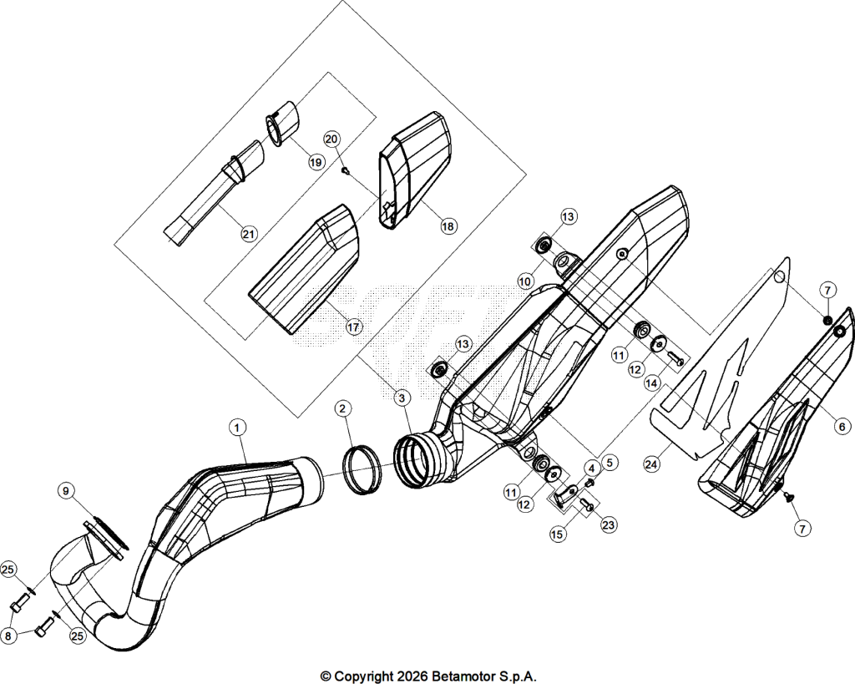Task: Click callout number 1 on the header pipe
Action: [237, 427]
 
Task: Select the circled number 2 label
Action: [342, 408]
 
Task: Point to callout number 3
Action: [402, 398]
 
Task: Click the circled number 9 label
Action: [66, 491]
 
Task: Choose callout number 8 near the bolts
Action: [8, 636]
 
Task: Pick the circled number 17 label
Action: [353, 327]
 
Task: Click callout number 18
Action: [448, 225]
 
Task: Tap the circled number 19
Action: [316, 162]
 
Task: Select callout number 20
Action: [331, 139]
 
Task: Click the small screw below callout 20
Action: [345, 170]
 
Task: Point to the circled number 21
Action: [249, 234]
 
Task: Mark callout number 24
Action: [651, 464]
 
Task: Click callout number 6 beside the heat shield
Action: [842, 427]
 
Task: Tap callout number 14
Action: [651, 383]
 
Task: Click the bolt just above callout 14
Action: [675, 359]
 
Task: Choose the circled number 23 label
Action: [608, 524]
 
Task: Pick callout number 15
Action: [557, 535]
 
